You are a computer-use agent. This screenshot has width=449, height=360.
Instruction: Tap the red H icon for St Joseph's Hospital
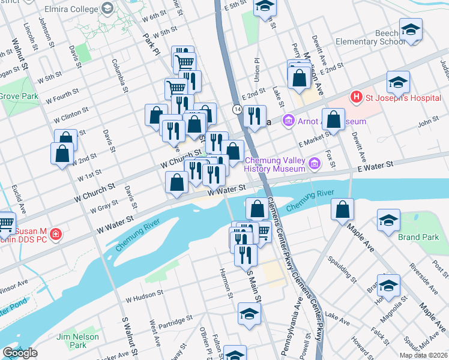[356, 97]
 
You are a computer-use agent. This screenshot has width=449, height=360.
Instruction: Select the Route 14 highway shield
[238, 109]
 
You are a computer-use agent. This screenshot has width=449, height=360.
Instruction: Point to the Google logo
[20, 353]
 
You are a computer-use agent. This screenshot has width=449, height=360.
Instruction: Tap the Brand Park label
[418, 237]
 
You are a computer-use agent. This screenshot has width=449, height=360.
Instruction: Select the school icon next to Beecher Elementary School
[411, 29]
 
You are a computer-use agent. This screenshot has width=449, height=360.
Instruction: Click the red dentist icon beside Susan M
[55, 235]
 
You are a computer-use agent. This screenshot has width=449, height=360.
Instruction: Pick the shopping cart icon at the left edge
[5, 223]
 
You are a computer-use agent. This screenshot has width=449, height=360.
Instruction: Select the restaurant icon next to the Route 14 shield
[255, 116]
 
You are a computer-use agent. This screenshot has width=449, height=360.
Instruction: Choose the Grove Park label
[18, 95]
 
